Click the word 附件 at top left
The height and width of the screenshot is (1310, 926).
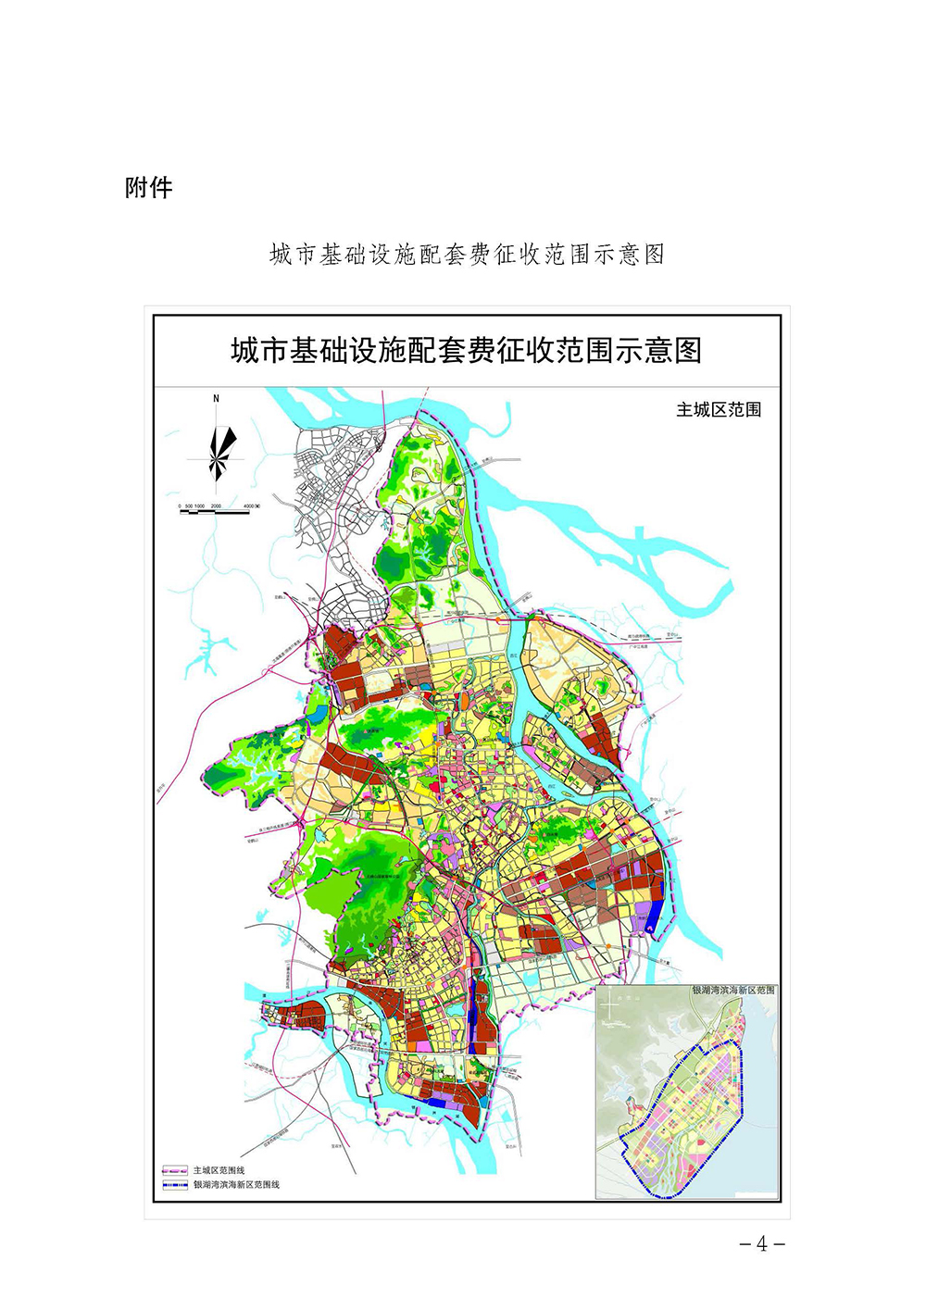click(x=149, y=188)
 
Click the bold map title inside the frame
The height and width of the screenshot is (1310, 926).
click(x=466, y=351)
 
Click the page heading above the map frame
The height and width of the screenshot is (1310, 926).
click(x=467, y=255)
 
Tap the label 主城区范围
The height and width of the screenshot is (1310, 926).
click(x=719, y=409)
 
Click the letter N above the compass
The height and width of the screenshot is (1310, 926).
click(x=217, y=399)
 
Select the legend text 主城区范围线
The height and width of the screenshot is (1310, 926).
click(x=219, y=1170)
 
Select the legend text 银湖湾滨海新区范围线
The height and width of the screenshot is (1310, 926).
click(x=236, y=1184)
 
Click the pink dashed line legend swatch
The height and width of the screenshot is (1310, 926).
click(x=175, y=1170)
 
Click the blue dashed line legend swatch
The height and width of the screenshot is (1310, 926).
click(x=175, y=1184)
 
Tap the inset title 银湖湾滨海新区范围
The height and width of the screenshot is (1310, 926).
click(x=733, y=990)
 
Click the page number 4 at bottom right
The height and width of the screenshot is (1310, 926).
click(x=762, y=1244)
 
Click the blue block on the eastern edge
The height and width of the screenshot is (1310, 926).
click(x=652, y=917)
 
